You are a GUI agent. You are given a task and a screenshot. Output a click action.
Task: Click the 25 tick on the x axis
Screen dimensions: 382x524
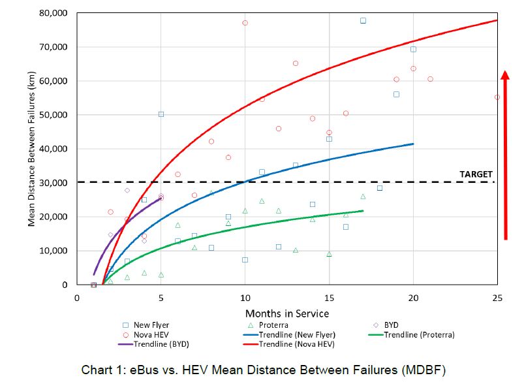tap(497, 298)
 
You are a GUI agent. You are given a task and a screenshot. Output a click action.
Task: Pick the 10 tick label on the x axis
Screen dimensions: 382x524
tap(245, 298)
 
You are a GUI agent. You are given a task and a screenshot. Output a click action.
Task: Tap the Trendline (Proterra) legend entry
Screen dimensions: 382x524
tap(418, 334)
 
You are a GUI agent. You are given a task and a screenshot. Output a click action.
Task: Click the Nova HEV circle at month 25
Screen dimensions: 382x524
tap(497, 97)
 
